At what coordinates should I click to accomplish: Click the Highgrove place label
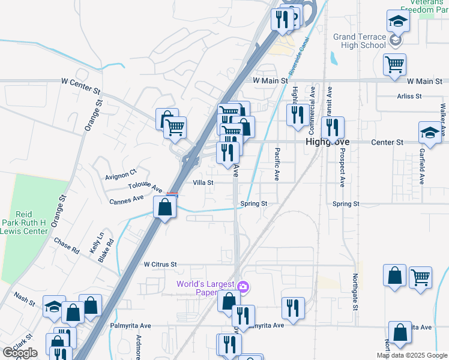coord(328,142)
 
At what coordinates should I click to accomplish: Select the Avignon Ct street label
coord(121,175)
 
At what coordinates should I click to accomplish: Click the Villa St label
coord(203,182)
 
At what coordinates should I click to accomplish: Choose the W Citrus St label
coord(160,264)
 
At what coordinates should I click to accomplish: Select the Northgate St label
coord(355,298)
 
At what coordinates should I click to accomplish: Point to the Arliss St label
coord(409,96)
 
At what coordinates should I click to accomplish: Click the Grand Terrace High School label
coord(360,41)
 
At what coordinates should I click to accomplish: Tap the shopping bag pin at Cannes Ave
coord(165,208)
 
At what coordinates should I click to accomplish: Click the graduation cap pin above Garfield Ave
coord(429,133)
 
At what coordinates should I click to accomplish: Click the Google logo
coord(20,353)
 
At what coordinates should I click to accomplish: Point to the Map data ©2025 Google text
coord(411,355)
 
